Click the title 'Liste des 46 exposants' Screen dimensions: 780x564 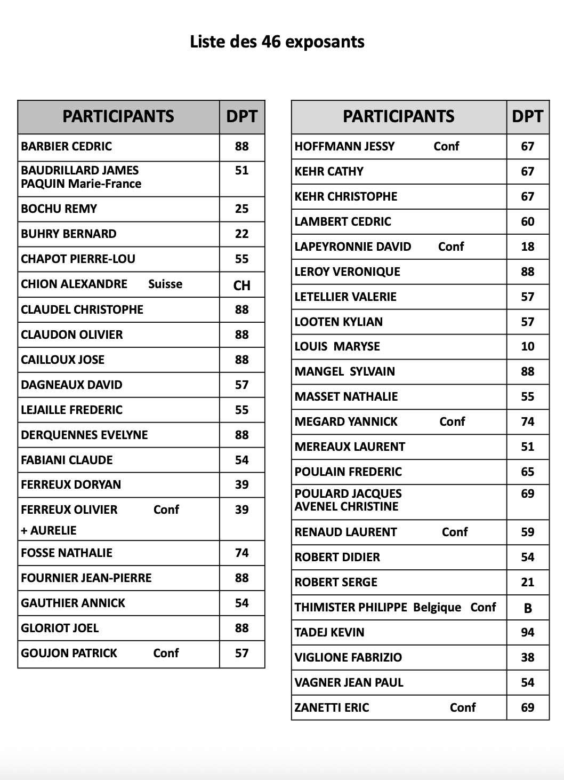click(277, 42)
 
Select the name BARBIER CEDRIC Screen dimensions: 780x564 click(67, 146)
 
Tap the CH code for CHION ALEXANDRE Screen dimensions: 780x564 click(242, 285)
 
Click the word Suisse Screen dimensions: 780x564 click(165, 284)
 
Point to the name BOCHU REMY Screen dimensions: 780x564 click(59, 209)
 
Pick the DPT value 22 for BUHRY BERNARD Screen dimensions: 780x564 click(242, 234)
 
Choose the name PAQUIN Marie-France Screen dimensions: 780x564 click(81, 184)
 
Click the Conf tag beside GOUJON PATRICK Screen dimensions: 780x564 click(166, 653)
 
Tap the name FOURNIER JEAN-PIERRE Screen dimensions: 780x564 click(86, 578)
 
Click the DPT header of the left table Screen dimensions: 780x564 click(242, 116)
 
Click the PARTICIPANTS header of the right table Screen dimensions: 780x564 click(399, 116)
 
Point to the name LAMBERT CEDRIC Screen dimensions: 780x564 click(343, 221)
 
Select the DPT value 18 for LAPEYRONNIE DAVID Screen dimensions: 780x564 click(528, 246)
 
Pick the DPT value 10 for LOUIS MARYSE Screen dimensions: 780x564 click(528, 346)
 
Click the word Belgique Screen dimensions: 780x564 click(437, 607)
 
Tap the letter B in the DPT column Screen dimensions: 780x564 click(528, 608)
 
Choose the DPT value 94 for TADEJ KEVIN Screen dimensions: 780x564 click(528, 632)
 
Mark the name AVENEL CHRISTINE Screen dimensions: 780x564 click(347, 506)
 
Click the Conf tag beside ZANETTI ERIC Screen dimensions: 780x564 click(463, 707)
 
